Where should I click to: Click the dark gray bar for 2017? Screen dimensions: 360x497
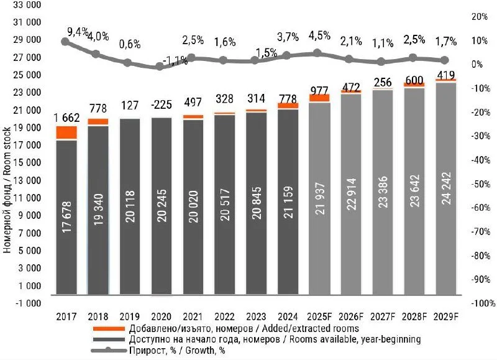click(x=66, y=218)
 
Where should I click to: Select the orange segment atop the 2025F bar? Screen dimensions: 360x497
click(x=319, y=98)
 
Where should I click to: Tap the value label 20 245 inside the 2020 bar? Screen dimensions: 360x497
click(x=161, y=218)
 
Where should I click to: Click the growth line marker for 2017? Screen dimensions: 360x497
click(x=65, y=42)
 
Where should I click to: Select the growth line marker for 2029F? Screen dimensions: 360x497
click(x=445, y=60)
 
